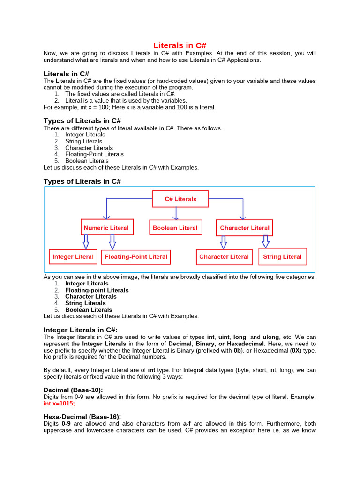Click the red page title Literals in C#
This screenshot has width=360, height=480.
[180, 45]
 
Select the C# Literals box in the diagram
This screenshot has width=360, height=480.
[180, 199]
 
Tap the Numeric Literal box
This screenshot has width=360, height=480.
[106, 228]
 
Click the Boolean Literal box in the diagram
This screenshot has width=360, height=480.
[175, 228]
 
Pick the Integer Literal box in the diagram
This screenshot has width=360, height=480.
[73, 257]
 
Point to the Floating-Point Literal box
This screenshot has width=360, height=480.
[136, 257]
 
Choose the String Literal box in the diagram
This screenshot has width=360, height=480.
[282, 257]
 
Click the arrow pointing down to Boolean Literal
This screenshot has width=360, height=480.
[176, 213]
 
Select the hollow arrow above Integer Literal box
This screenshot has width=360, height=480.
[86, 242]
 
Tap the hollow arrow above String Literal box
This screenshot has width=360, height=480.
[265, 241]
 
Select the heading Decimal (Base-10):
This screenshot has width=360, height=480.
[73, 390]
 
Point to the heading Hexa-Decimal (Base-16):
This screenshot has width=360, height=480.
[82, 416]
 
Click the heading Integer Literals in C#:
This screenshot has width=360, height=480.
[81, 330]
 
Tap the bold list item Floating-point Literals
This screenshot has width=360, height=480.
[97, 290]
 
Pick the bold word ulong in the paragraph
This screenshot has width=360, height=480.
[270, 337]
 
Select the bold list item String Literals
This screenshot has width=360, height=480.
[85, 303]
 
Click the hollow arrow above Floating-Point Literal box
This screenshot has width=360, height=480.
[112, 242]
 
